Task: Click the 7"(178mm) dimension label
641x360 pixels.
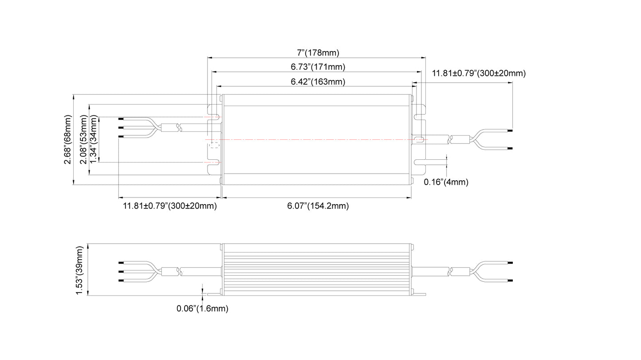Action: (318, 53)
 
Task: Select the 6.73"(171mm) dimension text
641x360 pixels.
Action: (318, 67)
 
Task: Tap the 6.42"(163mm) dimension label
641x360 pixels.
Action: (318, 82)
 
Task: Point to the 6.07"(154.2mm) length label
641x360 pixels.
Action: (318, 206)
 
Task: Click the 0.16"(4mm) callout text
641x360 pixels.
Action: (446, 182)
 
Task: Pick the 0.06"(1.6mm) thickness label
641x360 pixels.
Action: (202, 309)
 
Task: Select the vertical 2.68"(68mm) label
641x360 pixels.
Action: (68, 140)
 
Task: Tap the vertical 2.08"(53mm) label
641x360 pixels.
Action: (84, 140)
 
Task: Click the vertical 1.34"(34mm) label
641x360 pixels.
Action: (94, 140)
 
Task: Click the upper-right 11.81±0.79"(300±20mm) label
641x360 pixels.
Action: (479, 73)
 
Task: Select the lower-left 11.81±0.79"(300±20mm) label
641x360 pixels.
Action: (169, 206)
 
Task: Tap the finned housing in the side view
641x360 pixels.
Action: (317, 269)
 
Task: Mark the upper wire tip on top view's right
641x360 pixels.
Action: (511, 131)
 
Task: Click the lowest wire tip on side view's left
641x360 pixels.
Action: (120, 281)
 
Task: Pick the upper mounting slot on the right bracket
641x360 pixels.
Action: (419, 117)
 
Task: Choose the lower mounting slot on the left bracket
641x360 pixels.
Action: (214, 162)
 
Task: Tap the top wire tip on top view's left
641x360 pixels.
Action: (120, 119)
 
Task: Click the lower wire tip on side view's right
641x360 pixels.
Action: (511, 281)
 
